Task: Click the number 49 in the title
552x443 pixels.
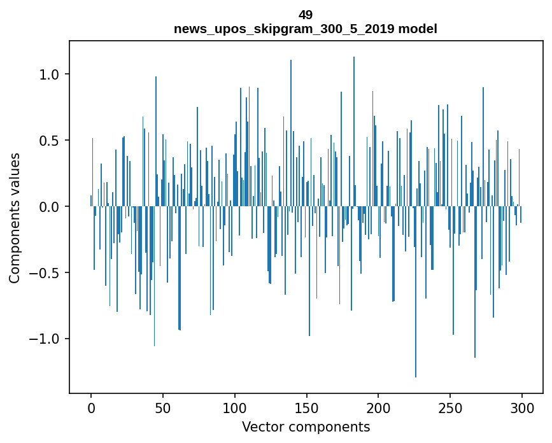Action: (x=306, y=15)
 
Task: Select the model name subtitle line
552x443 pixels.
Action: (x=306, y=29)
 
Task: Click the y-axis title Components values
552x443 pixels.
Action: (x=15, y=218)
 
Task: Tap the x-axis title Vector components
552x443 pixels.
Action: (x=306, y=427)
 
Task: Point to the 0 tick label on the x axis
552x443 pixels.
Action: (x=91, y=408)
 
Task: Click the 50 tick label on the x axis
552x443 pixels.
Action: (x=163, y=408)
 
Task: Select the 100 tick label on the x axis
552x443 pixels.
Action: (x=235, y=408)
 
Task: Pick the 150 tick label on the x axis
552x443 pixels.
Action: (x=307, y=408)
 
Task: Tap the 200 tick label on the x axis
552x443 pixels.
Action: (x=378, y=408)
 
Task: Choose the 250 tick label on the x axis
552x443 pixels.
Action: (x=450, y=408)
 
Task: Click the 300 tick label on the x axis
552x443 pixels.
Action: (x=522, y=408)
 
